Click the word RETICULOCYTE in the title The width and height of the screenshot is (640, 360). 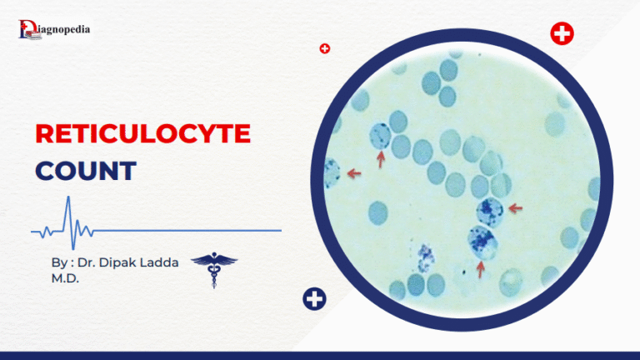(x=142, y=134)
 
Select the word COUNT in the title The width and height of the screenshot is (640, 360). (x=85, y=171)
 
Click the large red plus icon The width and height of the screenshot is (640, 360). (x=562, y=34)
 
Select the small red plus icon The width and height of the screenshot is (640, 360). (x=325, y=48)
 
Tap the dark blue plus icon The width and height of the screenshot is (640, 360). (x=314, y=298)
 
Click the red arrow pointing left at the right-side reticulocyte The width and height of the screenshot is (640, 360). (x=515, y=207)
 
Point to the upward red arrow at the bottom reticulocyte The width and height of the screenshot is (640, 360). (x=480, y=268)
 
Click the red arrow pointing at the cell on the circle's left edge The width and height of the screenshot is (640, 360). (x=355, y=173)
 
